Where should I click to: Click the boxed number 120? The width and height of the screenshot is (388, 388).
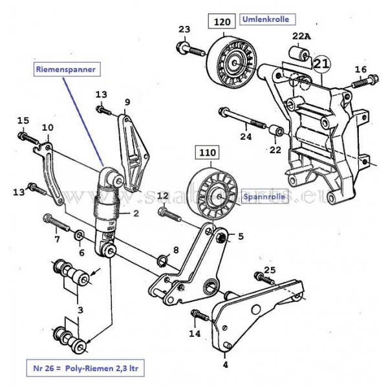222,22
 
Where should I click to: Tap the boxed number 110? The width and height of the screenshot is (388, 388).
208,154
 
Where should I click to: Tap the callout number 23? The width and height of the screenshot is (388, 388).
185,29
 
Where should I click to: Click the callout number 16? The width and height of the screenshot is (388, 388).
360,69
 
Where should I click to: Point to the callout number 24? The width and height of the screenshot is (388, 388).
246,136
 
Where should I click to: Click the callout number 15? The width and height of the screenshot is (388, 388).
23,120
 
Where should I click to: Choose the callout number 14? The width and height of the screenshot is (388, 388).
195,334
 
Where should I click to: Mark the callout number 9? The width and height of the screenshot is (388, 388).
127,102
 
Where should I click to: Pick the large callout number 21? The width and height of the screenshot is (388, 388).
321,63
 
